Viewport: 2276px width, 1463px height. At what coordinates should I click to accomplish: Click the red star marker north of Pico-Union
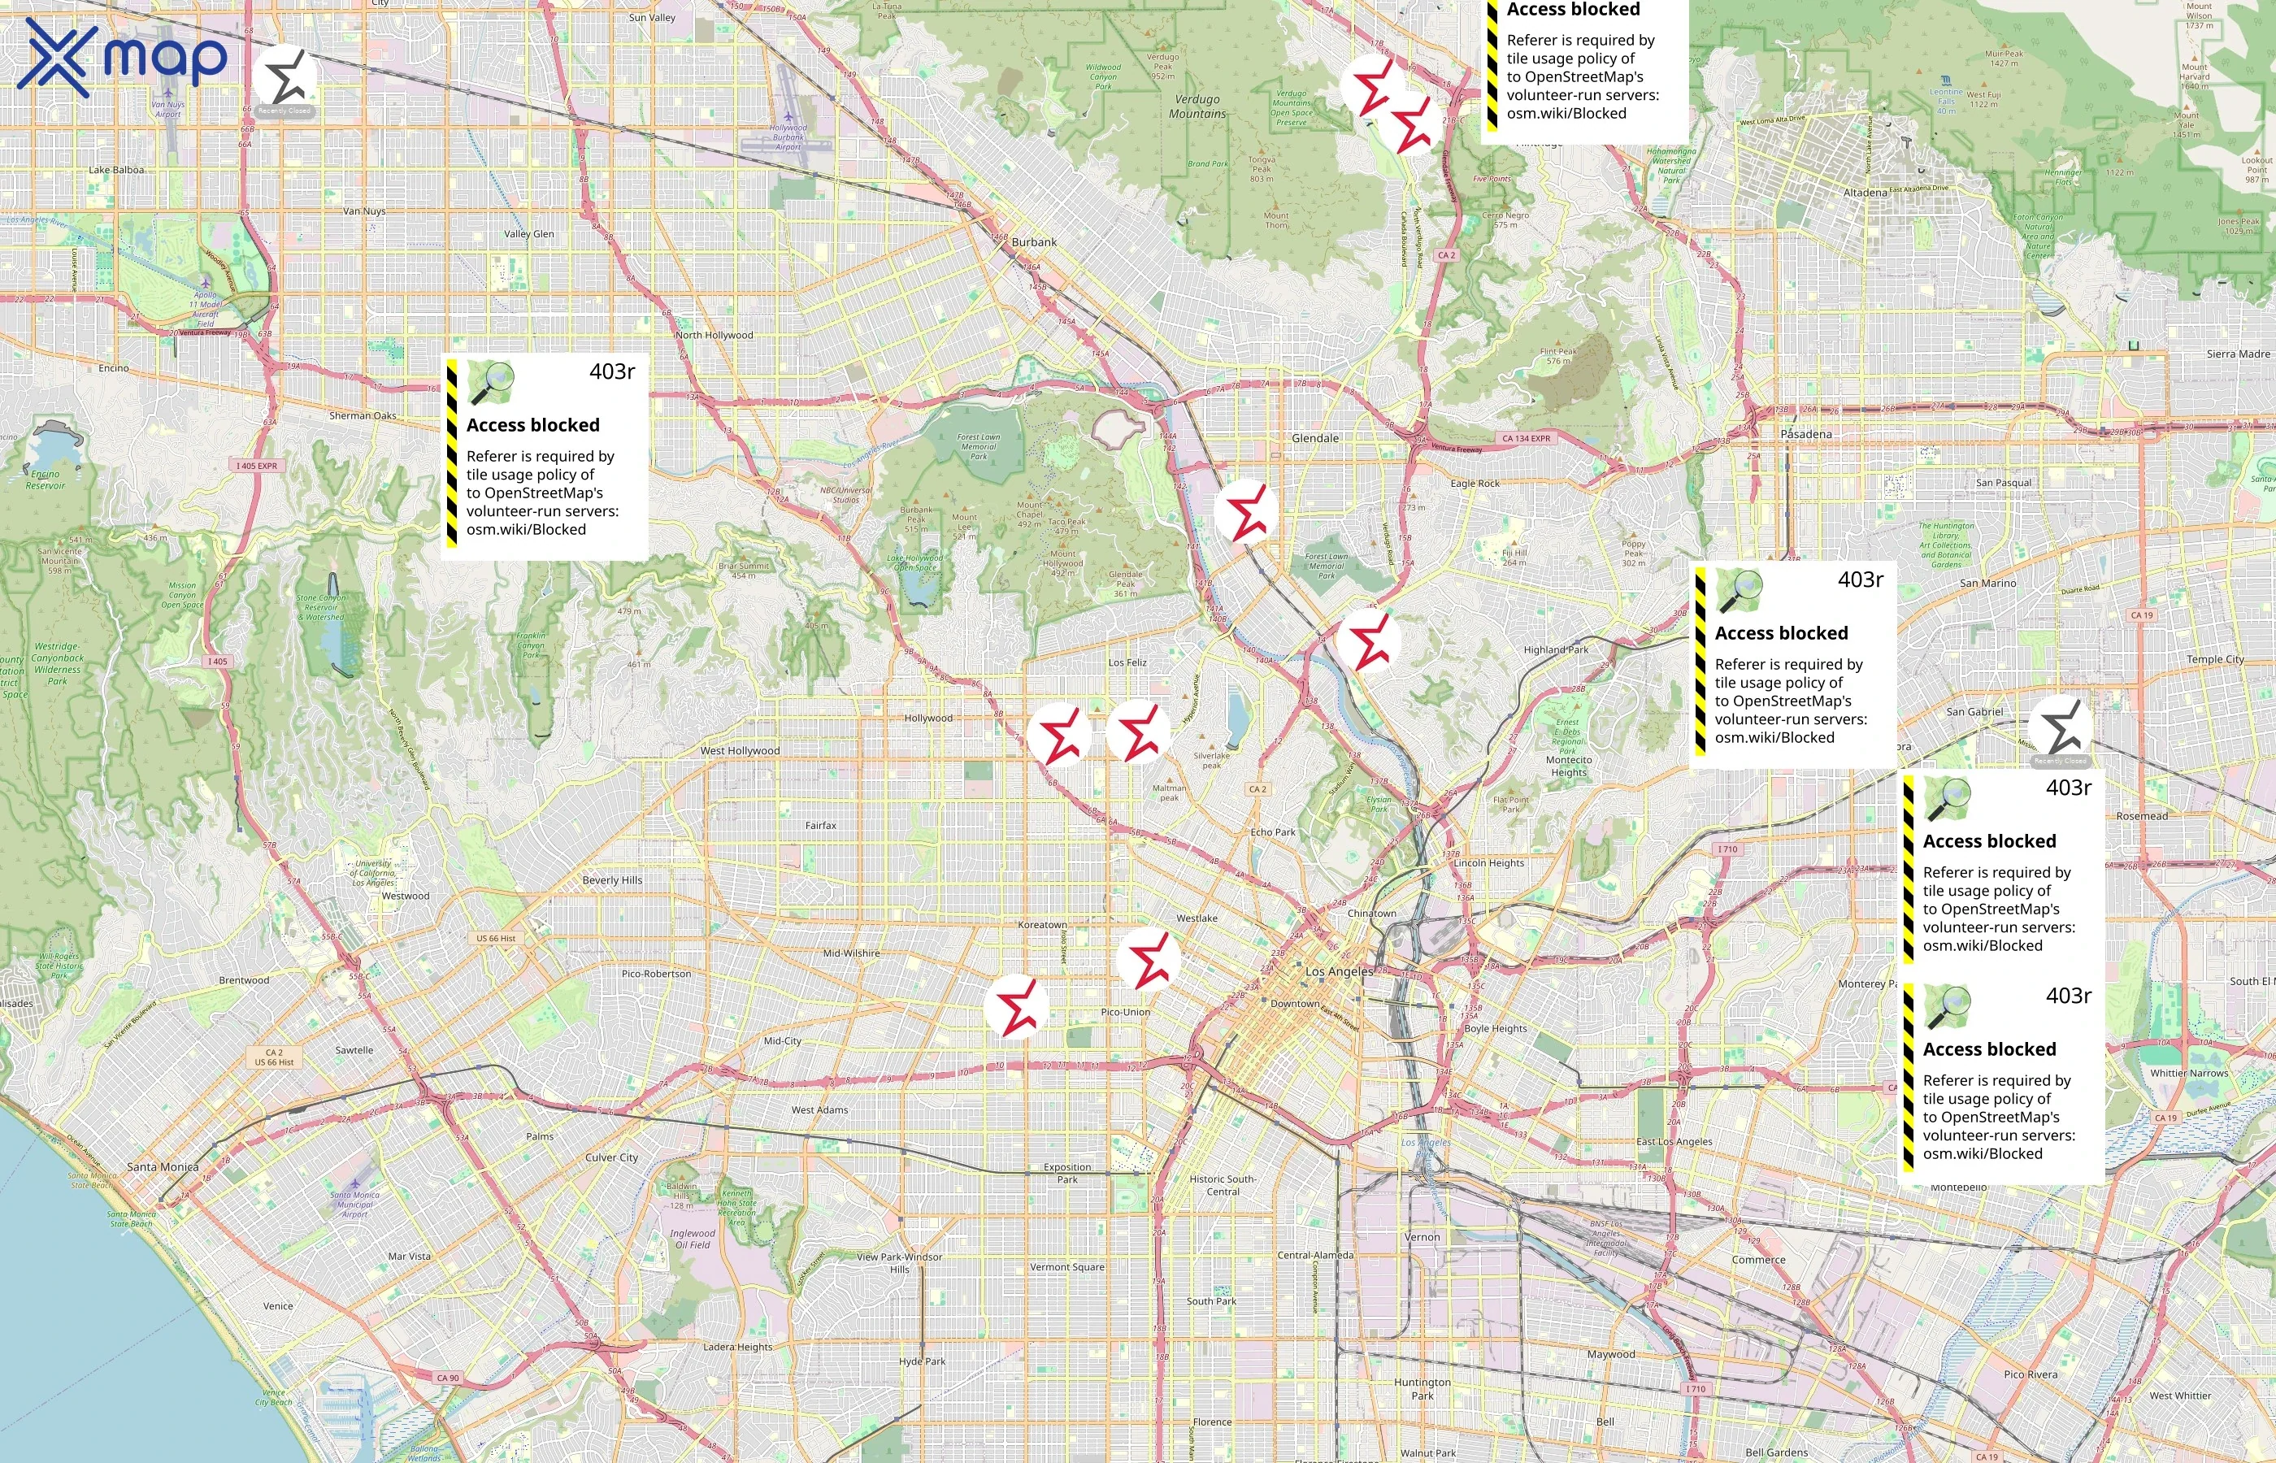pos(1149,962)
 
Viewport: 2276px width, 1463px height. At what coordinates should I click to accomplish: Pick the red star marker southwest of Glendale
pos(1245,512)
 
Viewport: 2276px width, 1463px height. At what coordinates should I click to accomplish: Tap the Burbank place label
pos(1033,242)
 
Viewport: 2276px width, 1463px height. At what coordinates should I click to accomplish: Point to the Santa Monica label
pos(163,1166)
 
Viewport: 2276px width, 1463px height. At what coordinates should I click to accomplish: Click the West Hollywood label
pos(740,750)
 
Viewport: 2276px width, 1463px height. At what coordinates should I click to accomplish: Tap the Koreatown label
pos(1042,925)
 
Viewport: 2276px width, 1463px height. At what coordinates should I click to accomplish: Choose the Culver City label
pos(612,1157)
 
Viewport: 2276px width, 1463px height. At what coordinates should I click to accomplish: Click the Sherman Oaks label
pos(363,416)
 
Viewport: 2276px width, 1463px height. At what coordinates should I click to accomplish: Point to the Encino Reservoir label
pos(46,480)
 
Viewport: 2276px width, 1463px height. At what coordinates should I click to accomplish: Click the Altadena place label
pos(1865,193)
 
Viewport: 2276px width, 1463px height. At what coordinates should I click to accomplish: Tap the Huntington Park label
pos(1422,1389)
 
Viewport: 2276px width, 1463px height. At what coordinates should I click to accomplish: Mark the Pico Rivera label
pos(2030,1374)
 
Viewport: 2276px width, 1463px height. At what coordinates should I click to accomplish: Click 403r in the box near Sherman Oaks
pos(612,371)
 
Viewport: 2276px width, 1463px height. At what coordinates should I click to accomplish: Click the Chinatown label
pos(1371,913)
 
